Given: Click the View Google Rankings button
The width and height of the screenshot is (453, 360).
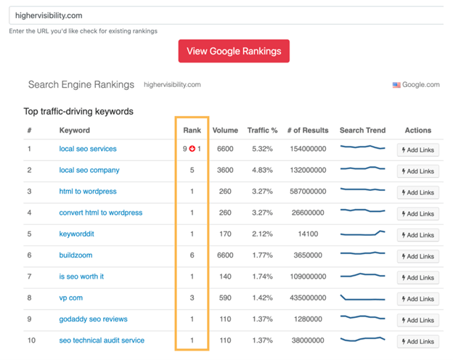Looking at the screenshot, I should click(x=234, y=51).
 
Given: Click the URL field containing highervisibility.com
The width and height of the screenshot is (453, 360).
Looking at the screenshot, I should click(x=225, y=15).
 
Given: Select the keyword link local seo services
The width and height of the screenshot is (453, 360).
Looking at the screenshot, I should click(x=88, y=149).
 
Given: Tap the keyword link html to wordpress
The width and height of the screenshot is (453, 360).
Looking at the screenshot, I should click(x=88, y=192).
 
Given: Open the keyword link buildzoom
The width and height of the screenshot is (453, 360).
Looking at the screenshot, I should click(x=75, y=255).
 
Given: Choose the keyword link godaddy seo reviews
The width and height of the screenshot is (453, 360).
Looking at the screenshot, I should click(x=93, y=319).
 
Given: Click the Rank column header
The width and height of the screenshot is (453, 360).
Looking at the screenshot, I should click(x=192, y=131).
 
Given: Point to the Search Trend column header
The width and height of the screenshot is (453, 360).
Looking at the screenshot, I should click(x=362, y=131).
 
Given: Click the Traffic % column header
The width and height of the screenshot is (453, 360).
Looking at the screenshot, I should click(x=262, y=131).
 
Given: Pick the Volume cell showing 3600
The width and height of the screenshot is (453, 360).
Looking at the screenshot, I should click(x=225, y=171).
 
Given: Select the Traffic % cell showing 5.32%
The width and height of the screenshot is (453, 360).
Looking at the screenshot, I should click(x=262, y=149).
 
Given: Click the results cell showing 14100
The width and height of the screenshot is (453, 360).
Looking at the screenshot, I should click(x=307, y=234).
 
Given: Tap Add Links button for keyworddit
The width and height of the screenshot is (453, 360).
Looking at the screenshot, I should click(x=418, y=235).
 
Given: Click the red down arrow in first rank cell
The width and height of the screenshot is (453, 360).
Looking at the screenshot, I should click(x=192, y=150).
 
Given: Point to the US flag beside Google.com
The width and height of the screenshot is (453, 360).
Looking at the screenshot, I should click(x=396, y=85).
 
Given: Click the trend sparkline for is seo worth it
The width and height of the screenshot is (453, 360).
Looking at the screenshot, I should click(x=362, y=276).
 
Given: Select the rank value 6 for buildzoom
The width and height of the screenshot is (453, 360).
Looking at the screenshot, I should click(x=192, y=255).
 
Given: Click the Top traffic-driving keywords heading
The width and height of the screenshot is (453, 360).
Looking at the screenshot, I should click(x=78, y=112).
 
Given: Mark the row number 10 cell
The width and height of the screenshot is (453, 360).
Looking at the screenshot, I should click(x=30, y=340).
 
